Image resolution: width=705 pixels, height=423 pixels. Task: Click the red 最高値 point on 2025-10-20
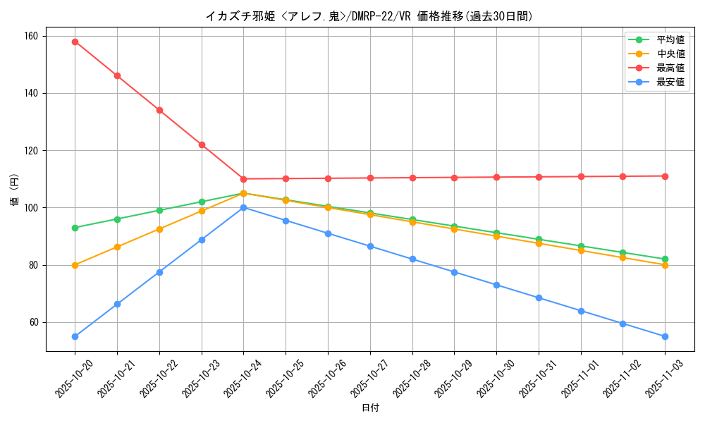click(x=75, y=42)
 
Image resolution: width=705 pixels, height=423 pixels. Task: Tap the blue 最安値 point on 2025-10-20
click(x=75, y=336)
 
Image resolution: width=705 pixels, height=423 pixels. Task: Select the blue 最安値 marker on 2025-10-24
click(x=243, y=207)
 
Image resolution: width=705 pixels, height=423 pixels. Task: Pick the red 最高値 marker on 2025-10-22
click(x=159, y=110)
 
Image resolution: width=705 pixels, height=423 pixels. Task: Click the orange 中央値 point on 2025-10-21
click(x=117, y=247)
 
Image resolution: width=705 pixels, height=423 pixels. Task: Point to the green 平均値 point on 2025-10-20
click(x=75, y=228)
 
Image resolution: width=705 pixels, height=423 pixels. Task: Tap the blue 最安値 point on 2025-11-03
click(x=665, y=336)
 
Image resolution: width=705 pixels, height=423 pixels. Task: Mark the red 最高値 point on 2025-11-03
click(x=665, y=176)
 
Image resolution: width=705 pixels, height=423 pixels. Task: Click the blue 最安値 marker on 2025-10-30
click(x=496, y=285)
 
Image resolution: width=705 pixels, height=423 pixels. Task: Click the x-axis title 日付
click(x=370, y=408)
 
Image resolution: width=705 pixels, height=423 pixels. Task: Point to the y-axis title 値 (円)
click(x=15, y=191)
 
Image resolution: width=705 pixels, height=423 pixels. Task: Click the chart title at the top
click(x=369, y=16)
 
